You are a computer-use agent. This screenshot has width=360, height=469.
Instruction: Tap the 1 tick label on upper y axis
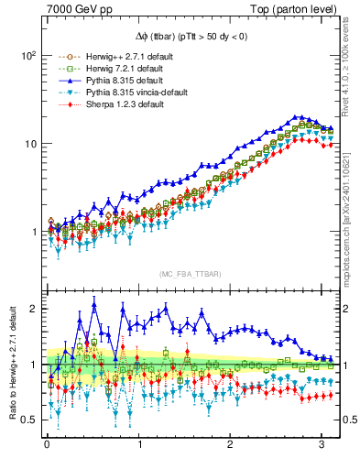click(33, 232)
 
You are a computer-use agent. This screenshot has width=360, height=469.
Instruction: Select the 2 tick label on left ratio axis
click(33, 309)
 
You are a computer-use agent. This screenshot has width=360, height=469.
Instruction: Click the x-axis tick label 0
click(47, 446)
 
